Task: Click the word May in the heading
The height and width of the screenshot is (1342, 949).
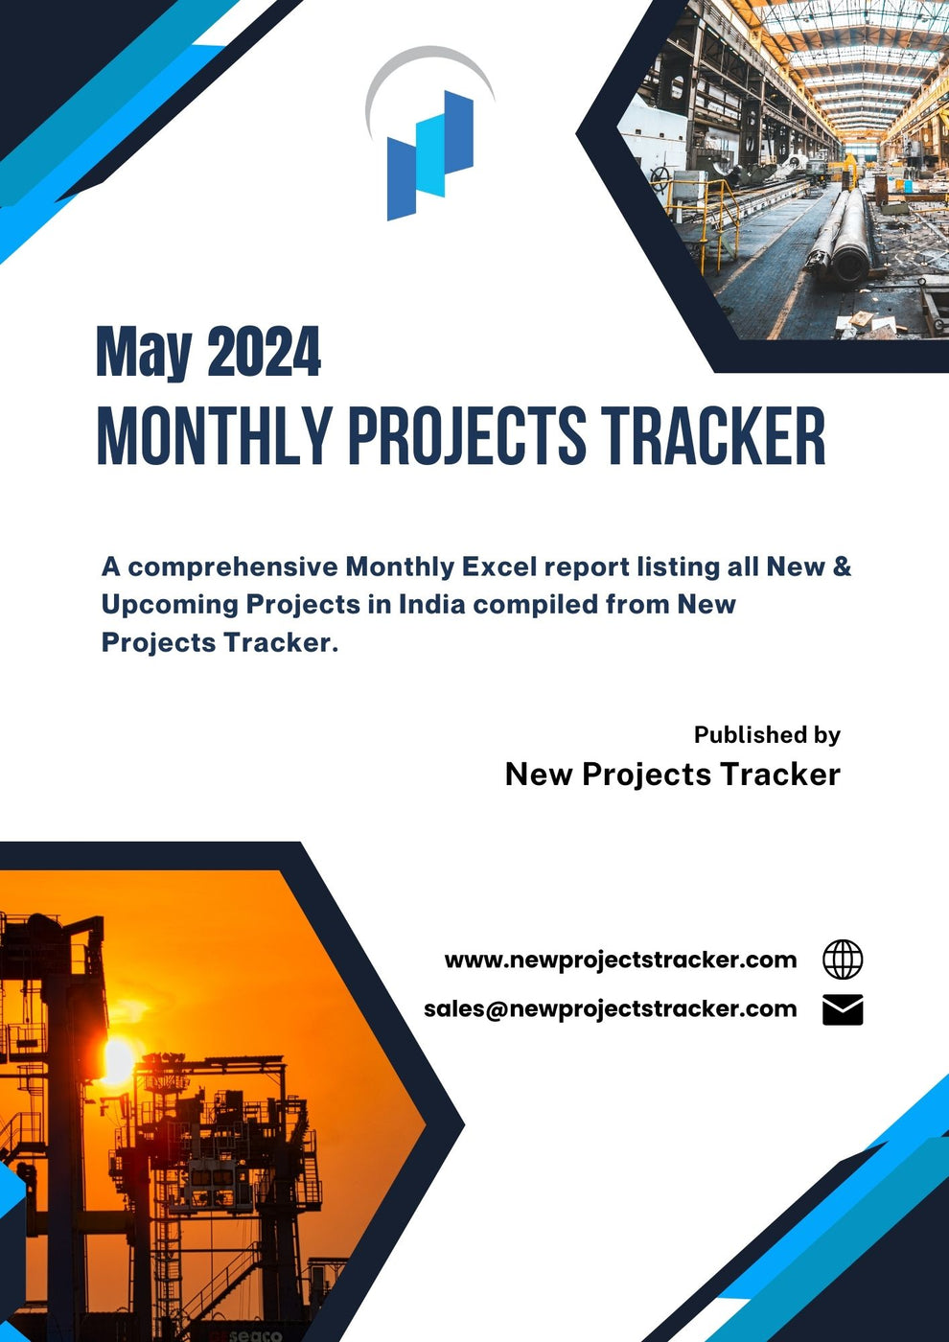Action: [144, 353]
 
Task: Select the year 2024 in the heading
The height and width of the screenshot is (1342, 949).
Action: [264, 353]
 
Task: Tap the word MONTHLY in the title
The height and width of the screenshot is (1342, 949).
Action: [214, 437]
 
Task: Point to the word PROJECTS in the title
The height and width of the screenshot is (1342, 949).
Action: [466, 437]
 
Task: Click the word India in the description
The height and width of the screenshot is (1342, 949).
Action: [431, 605]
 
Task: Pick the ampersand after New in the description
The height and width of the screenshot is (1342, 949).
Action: [842, 567]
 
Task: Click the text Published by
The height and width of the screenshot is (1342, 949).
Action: [767, 735]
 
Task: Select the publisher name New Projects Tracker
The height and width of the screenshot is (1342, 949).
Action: [672, 775]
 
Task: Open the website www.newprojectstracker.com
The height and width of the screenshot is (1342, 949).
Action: [620, 960]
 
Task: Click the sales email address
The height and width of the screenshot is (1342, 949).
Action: [610, 1009]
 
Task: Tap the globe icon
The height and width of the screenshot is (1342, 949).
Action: [843, 960]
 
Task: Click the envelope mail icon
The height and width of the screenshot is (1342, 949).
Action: [843, 1010]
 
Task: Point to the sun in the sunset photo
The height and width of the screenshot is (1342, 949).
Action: [117, 1060]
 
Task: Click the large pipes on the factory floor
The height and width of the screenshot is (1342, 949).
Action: [844, 235]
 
